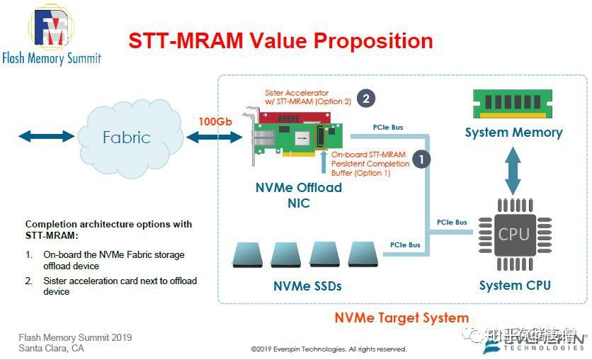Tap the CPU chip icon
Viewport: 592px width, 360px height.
pos(513,234)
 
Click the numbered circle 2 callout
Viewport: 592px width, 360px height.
pos(365,99)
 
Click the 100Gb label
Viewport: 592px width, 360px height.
pos(215,121)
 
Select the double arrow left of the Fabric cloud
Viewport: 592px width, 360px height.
pos(46,136)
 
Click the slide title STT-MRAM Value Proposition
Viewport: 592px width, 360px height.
pos(280,40)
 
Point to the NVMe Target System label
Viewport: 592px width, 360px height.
pos(402,317)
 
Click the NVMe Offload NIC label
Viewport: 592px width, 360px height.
pos(299,195)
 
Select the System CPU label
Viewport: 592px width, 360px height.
pos(514,286)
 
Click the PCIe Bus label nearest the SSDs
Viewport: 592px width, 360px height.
pos(405,245)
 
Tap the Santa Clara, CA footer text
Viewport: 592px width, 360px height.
pos(51,348)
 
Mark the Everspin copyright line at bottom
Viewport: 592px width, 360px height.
pos(329,349)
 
